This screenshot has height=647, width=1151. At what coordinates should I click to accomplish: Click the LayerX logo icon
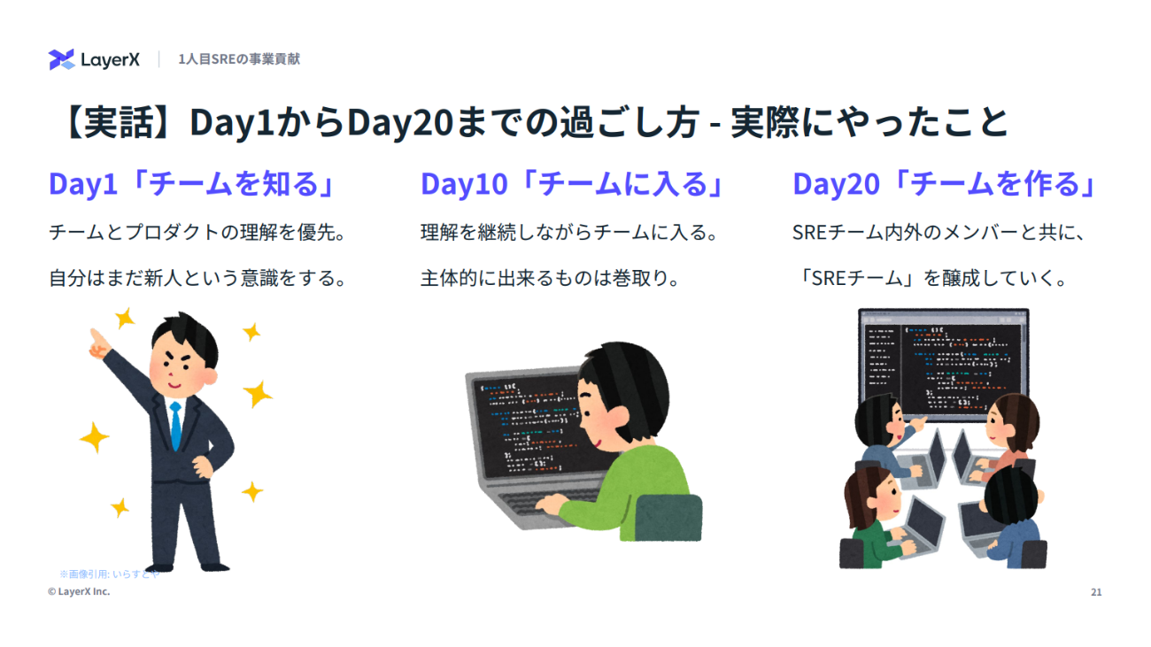pyautogui.click(x=62, y=59)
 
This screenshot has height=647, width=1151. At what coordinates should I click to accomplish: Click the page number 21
pyautogui.click(x=1096, y=592)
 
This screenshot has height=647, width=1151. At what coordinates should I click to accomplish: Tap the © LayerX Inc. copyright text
pyautogui.click(x=79, y=591)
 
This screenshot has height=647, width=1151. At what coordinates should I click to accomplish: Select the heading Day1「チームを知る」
pyautogui.click(x=191, y=184)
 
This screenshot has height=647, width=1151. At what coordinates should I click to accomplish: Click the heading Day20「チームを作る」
pyautogui.click(x=945, y=184)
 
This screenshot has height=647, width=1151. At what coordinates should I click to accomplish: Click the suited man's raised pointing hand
pyautogui.click(x=97, y=344)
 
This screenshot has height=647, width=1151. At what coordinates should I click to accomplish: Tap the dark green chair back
pyautogui.click(x=667, y=518)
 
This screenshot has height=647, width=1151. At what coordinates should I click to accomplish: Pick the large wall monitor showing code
pyautogui.click(x=944, y=366)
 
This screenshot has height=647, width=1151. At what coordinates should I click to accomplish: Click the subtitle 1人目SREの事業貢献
pyautogui.click(x=239, y=59)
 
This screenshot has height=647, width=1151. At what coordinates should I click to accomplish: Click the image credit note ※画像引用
pyautogui.click(x=110, y=574)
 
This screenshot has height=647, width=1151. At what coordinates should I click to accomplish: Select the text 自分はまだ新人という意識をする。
pyautogui.click(x=198, y=278)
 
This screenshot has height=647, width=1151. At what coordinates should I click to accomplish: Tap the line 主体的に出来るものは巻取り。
pyautogui.click(x=551, y=278)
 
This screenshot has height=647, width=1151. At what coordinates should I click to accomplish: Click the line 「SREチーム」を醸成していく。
pyautogui.click(x=931, y=278)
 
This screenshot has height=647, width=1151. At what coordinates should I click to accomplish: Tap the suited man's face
pyautogui.click(x=180, y=366)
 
